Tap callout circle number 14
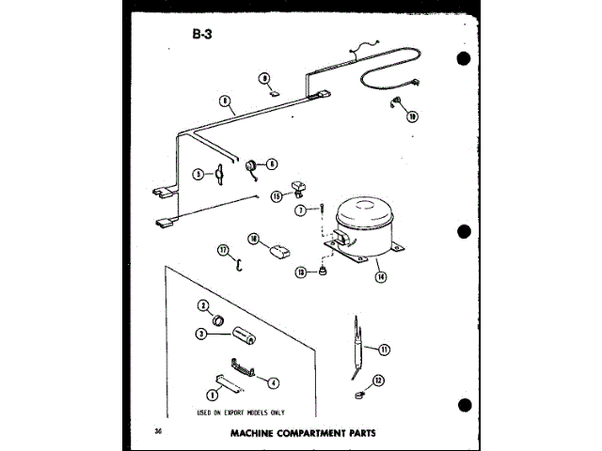(380, 277)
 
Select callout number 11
(383, 349)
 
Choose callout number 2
(201, 305)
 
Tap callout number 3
(201, 333)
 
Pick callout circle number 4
(273, 382)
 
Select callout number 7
(299, 210)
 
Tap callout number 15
(277, 196)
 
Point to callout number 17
(223, 249)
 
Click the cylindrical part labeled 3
(246, 335)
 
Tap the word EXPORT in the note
(227, 412)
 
